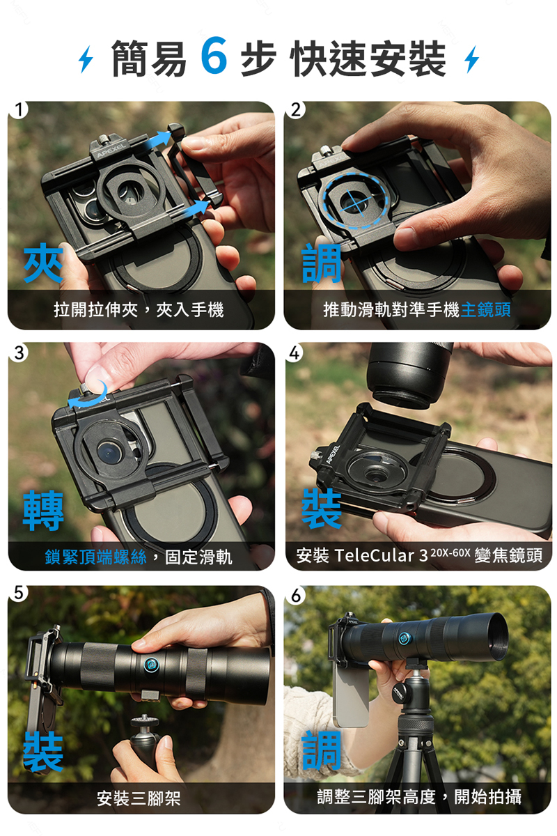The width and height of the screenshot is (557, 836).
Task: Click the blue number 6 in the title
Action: pos(214,55)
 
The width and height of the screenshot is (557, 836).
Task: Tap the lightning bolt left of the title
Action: pos(86,59)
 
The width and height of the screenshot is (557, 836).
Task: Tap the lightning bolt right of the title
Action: pos(471,59)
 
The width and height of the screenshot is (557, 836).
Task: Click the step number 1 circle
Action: pos(18,110)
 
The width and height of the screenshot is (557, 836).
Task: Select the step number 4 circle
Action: pos(295,353)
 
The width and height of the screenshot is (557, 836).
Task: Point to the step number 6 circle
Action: pos(295,595)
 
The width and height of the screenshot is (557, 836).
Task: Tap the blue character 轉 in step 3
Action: pos(43,510)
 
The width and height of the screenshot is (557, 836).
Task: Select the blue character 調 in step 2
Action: pos(322,263)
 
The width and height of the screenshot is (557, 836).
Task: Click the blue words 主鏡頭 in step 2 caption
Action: pos(485,309)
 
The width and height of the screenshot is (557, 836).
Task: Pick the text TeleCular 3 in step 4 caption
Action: pos(381,555)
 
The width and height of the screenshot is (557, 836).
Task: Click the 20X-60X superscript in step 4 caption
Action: pos(450,552)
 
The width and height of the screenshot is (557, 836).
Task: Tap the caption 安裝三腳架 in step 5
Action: pos(139,798)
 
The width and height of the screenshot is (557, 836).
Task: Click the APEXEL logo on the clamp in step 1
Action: pos(111,149)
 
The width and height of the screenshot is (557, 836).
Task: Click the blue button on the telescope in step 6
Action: pos(404,639)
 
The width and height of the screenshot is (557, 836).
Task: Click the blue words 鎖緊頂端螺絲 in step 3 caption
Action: pos(96,557)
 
